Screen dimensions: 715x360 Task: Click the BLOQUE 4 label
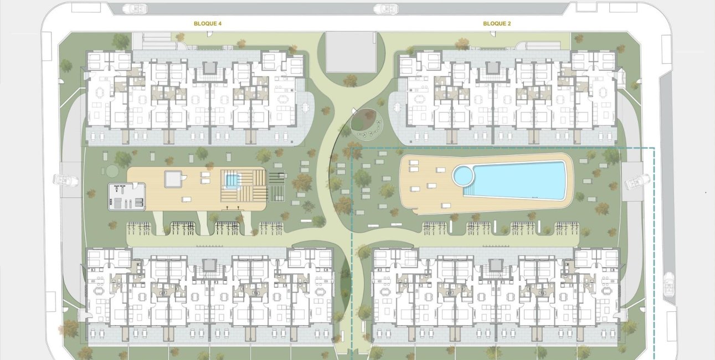click(208, 24)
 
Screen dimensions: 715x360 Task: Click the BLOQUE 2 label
click(497, 24)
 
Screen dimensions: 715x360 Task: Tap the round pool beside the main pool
click(463, 176)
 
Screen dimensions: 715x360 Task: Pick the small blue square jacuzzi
click(233, 181)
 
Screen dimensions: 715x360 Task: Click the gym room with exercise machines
click(127, 196)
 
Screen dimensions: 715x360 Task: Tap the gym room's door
click(135, 186)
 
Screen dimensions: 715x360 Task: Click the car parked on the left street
click(66, 180)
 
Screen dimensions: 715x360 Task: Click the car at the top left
click(135, 9)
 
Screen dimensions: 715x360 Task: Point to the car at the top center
click(386, 9)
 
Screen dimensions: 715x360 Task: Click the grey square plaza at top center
click(351, 52)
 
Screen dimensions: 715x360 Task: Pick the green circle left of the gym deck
click(112, 171)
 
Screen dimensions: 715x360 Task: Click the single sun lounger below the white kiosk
click(187, 199)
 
